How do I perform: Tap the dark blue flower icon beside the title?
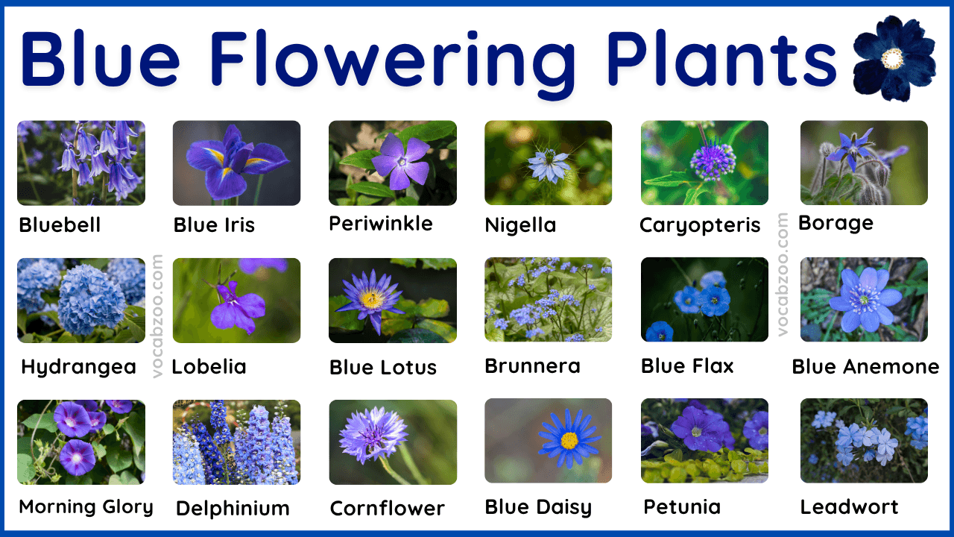click(893, 57)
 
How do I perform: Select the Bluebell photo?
click(81, 163)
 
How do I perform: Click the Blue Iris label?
click(214, 224)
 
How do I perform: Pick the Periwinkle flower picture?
click(392, 163)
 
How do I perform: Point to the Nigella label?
click(520, 224)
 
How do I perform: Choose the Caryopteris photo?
click(704, 163)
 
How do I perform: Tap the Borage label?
click(835, 223)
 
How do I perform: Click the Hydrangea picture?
click(81, 300)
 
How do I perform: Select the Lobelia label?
click(209, 366)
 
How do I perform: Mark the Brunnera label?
click(532, 366)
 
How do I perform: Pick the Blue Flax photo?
click(704, 300)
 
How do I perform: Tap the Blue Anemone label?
click(865, 366)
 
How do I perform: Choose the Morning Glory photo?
click(81, 442)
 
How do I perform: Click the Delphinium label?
click(233, 508)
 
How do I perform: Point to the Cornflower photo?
click(392, 442)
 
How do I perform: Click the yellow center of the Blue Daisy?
click(569, 440)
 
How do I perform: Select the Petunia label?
click(682, 507)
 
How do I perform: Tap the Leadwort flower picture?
click(864, 442)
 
